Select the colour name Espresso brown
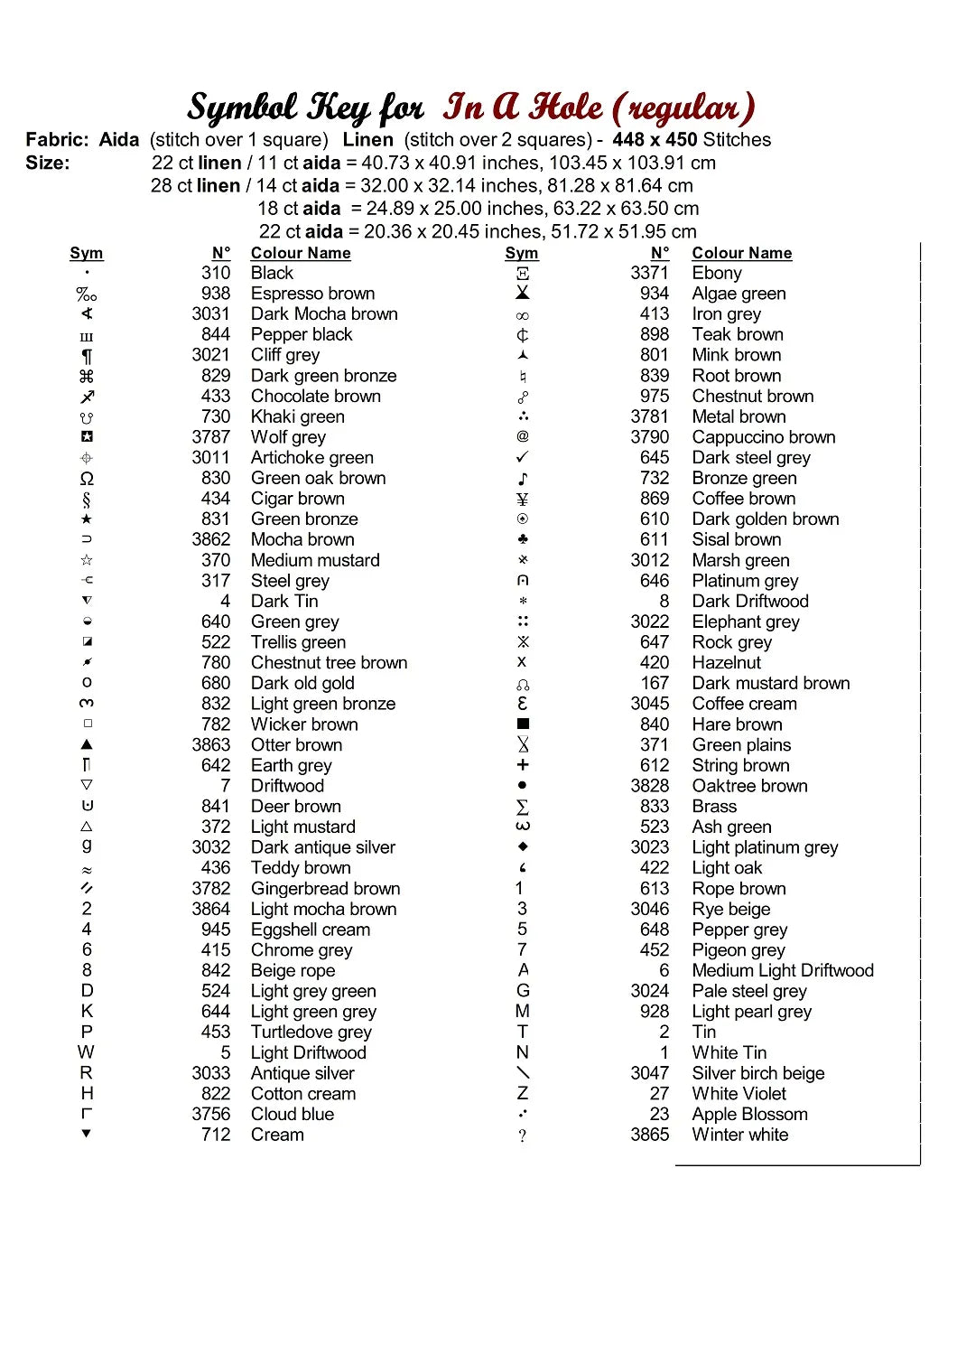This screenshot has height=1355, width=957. tap(312, 294)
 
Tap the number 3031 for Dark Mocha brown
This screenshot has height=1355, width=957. tap(210, 313)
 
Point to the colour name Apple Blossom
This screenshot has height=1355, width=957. tap(749, 1114)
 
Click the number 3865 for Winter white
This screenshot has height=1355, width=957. tap(649, 1135)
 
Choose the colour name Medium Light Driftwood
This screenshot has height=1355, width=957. tap(783, 970)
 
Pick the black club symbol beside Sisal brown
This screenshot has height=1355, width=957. tap(523, 539)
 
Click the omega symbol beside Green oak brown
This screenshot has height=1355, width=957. tap(87, 479)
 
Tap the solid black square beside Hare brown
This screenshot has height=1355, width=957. tap(523, 724)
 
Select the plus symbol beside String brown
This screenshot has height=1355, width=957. tap(523, 765)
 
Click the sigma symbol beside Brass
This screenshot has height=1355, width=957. tap(523, 807)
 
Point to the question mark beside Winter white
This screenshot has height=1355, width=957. tap(523, 1136)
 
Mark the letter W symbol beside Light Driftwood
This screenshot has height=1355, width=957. tap(86, 1052)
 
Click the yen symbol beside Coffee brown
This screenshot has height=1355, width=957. tap(523, 499)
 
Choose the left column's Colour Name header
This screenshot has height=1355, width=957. tap(301, 253)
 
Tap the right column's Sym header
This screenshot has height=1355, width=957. tap(521, 253)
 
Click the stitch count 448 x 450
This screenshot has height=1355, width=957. tap(655, 140)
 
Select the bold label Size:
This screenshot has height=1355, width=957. tap(48, 163)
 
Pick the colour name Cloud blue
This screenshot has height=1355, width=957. tap(293, 1114)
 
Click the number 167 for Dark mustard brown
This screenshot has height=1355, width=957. tap(655, 683)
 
